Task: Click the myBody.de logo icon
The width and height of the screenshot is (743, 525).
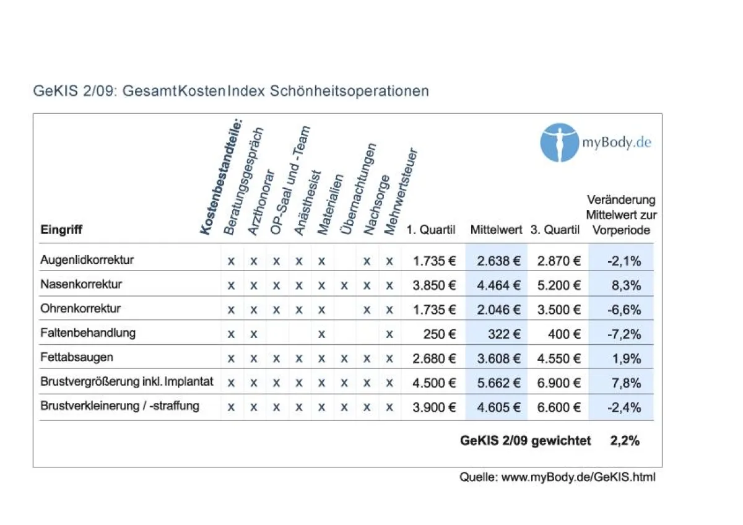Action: pyautogui.click(x=559, y=142)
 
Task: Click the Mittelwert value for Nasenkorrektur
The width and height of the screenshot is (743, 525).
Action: pyautogui.click(x=498, y=285)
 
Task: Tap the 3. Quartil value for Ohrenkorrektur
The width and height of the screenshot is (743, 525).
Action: pyautogui.click(x=558, y=310)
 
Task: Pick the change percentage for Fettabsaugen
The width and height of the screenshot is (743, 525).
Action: pyautogui.click(x=625, y=358)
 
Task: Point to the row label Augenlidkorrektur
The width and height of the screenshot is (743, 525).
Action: pyautogui.click(x=87, y=260)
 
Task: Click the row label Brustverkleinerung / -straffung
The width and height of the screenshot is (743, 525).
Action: pyautogui.click(x=119, y=407)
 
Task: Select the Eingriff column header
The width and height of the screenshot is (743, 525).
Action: pyautogui.click(x=61, y=230)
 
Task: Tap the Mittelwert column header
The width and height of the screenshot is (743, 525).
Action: pyautogui.click(x=497, y=230)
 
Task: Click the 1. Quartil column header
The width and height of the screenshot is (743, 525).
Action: pyautogui.click(x=431, y=230)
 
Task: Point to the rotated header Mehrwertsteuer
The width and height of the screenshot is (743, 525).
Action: pyautogui.click(x=401, y=192)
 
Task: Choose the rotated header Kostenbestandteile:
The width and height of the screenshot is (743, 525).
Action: pyautogui.click(x=222, y=176)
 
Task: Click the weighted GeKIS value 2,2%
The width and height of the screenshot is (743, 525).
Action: pyautogui.click(x=625, y=441)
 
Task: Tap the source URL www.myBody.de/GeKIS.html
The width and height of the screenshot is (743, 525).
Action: pyautogui.click(x=578, y=477)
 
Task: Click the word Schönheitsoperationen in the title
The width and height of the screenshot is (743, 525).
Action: pyautogui.click(x=349, y=91)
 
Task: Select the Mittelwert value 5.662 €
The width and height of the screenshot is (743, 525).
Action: pyautogui.click(x=498, y=383)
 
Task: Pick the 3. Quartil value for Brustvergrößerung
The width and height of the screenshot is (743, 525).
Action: pyautogui.click(x=558, y=383)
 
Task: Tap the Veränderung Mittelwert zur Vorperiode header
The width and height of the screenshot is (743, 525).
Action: pyautogui.click(x=621, y=215)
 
